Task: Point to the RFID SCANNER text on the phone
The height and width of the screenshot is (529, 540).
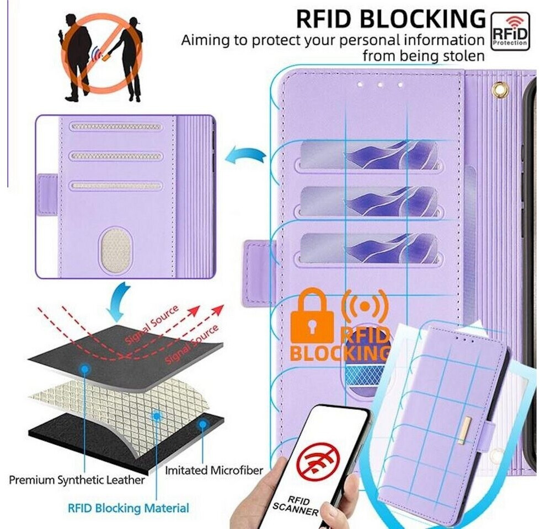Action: point(296,503)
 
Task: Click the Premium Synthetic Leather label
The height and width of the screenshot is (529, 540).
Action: point(77,480)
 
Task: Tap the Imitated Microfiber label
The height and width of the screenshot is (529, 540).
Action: point(214,471)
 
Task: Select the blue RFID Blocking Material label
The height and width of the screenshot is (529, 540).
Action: point(128,508)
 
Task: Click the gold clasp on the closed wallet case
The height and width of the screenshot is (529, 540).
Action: point(464,430)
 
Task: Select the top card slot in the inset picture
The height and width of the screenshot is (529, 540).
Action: point(116,127)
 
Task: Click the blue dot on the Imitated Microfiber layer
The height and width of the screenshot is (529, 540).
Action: point(202,425)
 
